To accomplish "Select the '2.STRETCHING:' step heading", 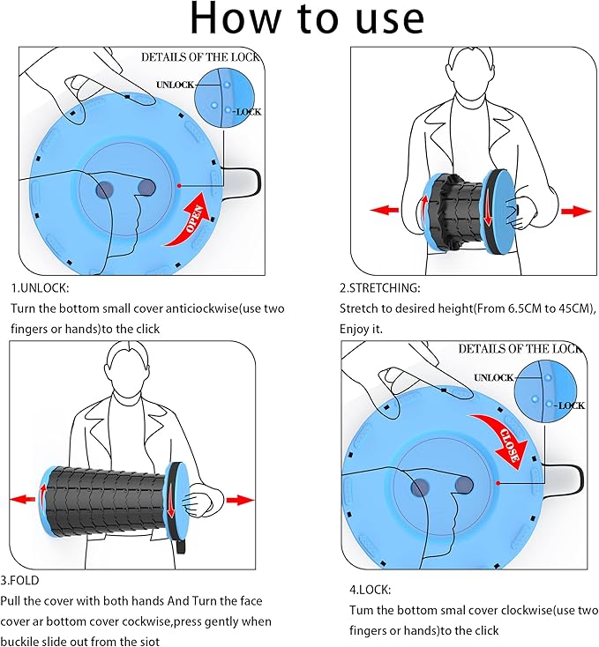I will [380, 288].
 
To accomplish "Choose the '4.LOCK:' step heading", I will [365, 589].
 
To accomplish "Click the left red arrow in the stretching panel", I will [385, 211].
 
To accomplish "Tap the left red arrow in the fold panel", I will [22, 500].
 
